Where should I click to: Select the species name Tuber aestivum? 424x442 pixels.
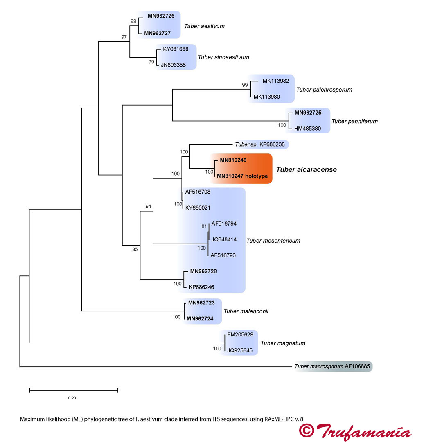204,26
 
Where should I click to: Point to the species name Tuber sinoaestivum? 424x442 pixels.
223,57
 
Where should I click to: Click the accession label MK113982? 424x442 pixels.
276,81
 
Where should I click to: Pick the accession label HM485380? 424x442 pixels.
307,129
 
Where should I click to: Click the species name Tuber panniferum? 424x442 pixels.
354,121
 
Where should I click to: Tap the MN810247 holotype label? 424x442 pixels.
242,176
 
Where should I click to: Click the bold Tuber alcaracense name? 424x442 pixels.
307,169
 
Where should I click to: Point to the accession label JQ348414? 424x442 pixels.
224,239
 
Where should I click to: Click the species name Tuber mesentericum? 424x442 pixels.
273,241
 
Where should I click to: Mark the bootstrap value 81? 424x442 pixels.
205,226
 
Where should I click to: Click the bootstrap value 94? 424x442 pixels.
148,206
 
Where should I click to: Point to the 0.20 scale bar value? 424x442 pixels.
72,398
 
